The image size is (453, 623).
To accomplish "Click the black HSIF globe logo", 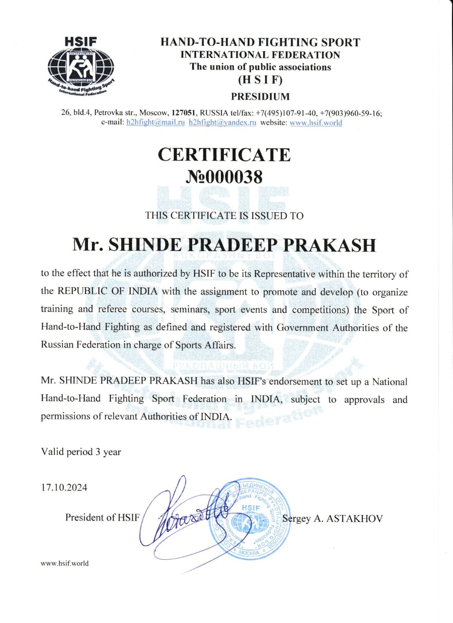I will [81, 65].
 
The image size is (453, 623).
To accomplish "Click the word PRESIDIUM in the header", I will [260, 96].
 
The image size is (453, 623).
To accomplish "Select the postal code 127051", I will [183, 113].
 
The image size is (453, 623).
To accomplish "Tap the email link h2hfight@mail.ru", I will [155, 123].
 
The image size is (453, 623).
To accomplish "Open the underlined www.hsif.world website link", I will [316, 123].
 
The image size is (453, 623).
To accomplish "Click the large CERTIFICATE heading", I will [224, 155].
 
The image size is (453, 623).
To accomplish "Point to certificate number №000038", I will [224, 177].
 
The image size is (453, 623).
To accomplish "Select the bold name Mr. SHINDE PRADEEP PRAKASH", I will [224, 244].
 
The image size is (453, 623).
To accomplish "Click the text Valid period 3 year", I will [81, 452].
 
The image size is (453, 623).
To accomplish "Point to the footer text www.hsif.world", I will [65, 563].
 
